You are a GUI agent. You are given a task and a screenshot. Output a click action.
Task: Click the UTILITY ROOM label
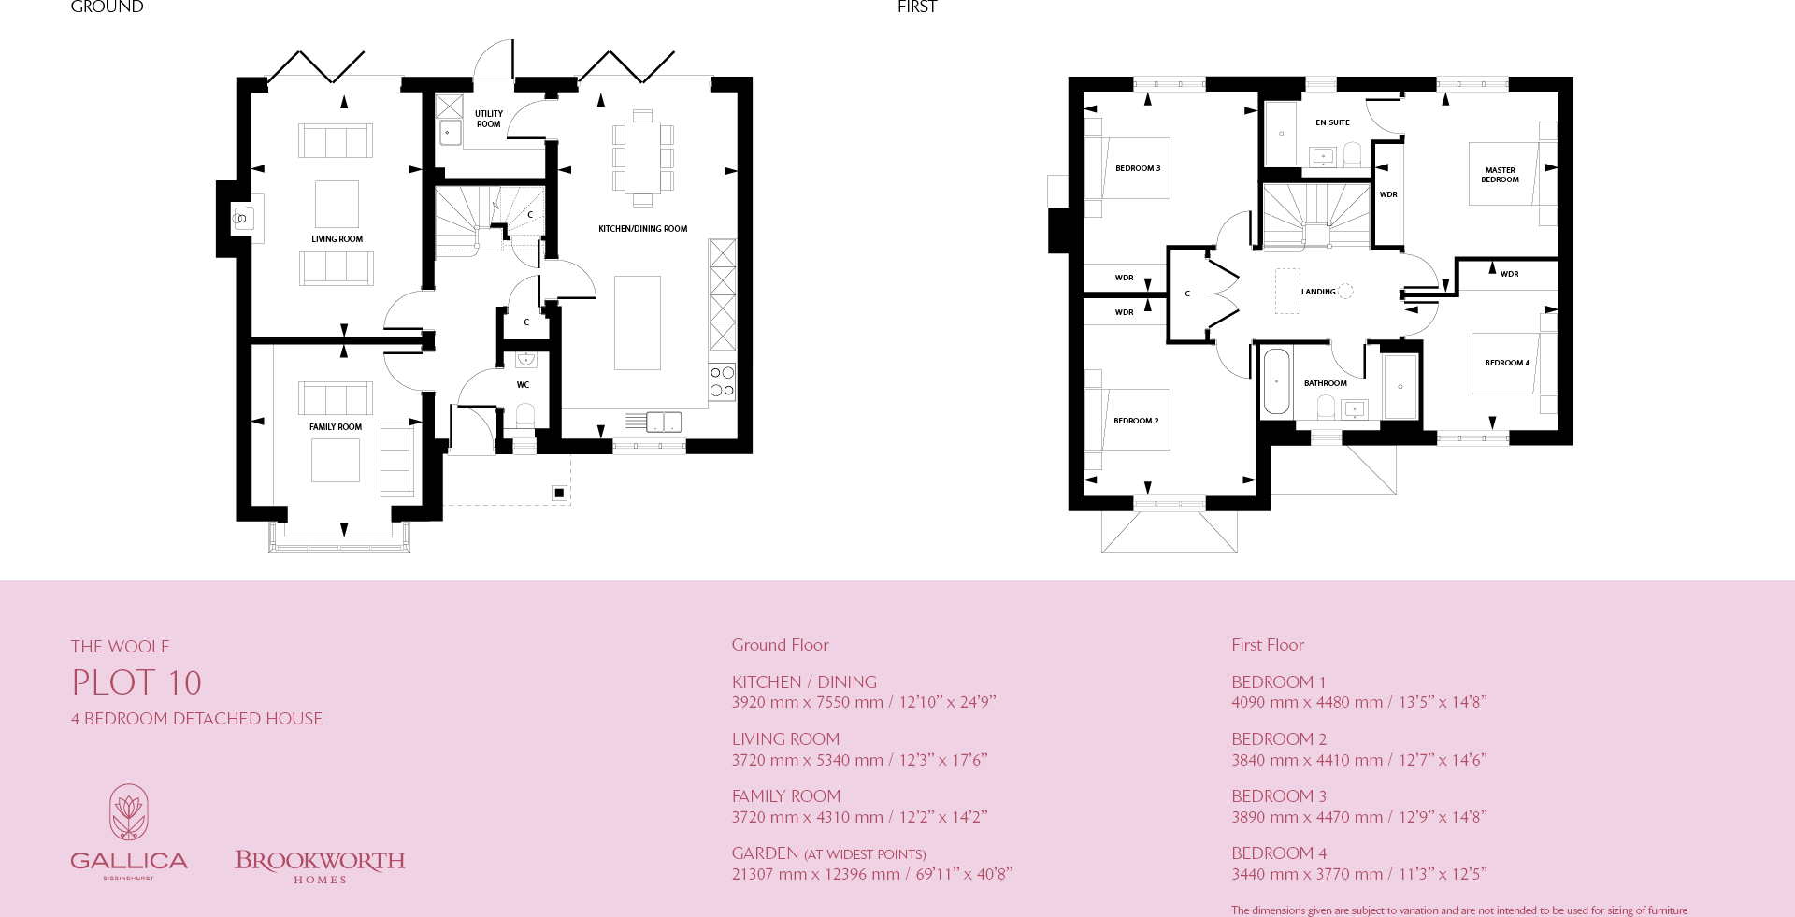coord(488,119)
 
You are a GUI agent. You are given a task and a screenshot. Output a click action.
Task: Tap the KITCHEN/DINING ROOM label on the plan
coord(642,229)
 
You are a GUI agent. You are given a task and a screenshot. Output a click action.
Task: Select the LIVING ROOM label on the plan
coord(337,239)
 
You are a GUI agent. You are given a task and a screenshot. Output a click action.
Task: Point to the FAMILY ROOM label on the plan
coord(335,427)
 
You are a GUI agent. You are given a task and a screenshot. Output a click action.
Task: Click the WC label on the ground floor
coord(523,385)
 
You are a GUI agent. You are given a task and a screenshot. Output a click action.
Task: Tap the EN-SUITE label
coord(1332,122)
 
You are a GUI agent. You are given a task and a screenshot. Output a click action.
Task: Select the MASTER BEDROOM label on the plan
coord(1500,175)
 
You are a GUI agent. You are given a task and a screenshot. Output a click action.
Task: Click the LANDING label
coord(1318,292)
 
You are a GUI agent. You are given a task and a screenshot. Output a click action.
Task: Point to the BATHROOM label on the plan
coord(1325,383)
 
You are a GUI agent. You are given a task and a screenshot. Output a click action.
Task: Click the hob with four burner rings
coord(722,381)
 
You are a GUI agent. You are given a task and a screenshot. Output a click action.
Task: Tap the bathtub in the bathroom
coord(1276,381)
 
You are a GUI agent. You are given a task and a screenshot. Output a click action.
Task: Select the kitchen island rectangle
coord(638,322)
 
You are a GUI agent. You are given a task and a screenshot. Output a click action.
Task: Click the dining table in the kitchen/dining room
coord(642,157)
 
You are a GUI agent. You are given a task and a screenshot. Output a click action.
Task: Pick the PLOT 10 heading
coord(136,682)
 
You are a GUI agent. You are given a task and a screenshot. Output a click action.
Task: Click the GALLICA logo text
coord(129,861)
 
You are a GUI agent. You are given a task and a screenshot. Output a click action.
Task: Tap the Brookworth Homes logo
coord(320,866)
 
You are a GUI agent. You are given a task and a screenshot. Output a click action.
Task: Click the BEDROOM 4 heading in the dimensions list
coord(1278,853)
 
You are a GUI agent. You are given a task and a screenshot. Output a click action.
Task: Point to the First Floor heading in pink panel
coord(1267,645)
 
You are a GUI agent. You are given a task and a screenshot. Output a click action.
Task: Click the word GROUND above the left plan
coord(107,7)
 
